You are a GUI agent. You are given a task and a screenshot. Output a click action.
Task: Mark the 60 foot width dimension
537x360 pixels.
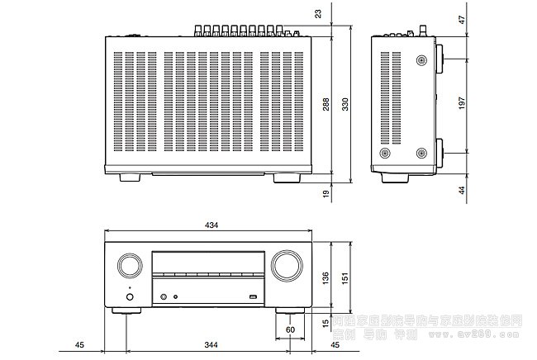[x=289, y=329]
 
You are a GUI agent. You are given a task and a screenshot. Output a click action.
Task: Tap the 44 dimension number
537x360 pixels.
[x=463, y=190]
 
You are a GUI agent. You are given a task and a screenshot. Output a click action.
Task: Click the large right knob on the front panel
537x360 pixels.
[x=283, y=266]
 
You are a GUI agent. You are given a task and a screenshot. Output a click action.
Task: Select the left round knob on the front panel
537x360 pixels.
[x=129, y=265]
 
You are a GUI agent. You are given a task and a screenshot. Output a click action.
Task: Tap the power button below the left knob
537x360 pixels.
[x=128, y=295]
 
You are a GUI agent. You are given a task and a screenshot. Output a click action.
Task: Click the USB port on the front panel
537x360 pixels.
[x=253, y=295]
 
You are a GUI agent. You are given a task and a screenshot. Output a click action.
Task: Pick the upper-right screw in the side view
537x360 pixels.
[x=422, y=61]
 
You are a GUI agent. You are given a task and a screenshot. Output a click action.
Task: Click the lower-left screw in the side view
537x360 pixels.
[x=383, y=154]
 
